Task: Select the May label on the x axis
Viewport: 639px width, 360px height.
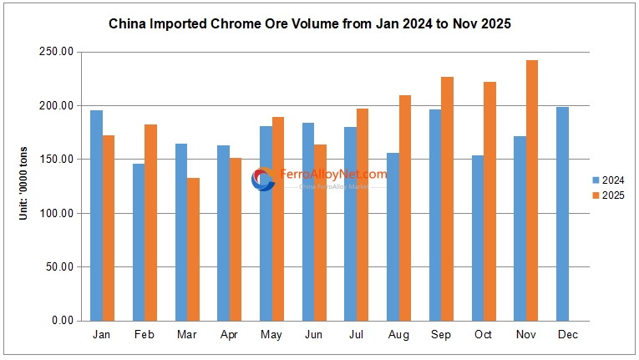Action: tap(271, 335)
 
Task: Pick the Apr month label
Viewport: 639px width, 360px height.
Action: tap(229, 335)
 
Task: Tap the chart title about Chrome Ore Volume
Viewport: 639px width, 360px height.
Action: tap(310, 24)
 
